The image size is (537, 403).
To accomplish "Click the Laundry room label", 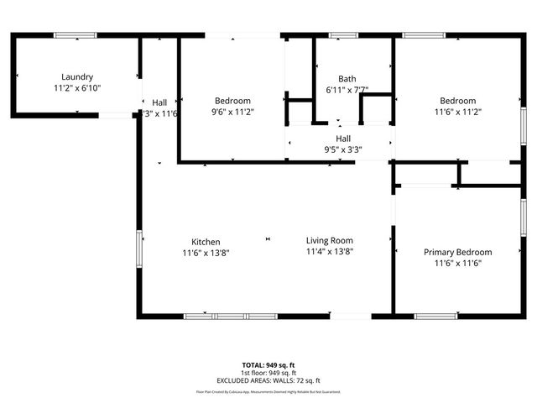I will tap(77, 76).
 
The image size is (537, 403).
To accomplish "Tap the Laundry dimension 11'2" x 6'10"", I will tap(77, 86).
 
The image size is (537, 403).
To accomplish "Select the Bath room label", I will tap(347, 79).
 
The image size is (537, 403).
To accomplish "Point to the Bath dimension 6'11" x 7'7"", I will tap(347, 89).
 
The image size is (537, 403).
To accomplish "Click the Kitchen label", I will tap(206, 241).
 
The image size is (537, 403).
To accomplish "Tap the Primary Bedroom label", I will tap(457, 252).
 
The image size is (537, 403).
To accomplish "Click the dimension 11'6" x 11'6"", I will tap(457, 263).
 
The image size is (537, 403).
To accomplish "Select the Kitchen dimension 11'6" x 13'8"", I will tap(206, 252).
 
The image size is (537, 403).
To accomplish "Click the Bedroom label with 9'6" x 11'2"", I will tap(232, 101).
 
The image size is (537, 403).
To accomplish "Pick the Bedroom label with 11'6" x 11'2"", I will tap(457, 101).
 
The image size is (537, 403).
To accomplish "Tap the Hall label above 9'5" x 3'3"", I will tap(343, 139).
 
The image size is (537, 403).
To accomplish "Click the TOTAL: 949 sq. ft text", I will tap(268, 365).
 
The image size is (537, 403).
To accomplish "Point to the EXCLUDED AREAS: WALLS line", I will tap(268, 380).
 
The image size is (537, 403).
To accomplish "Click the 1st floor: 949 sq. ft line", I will tap(268, 373).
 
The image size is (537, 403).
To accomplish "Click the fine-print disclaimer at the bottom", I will tap(268, 391).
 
